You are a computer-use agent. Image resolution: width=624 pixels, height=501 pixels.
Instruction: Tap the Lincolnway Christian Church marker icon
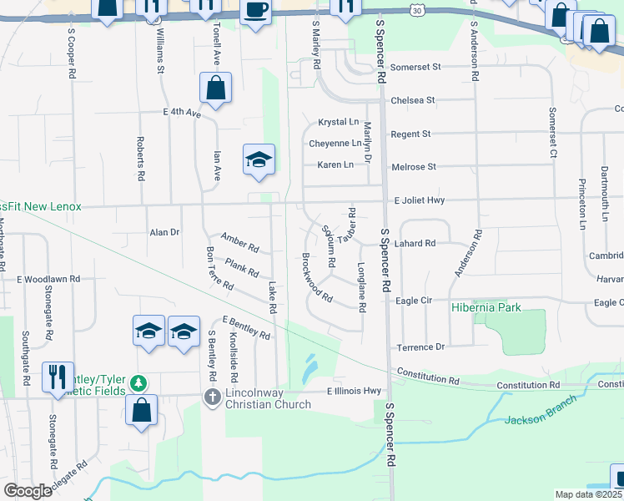click(214, 397)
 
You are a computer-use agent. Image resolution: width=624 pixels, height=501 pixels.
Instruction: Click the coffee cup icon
click(255, 11)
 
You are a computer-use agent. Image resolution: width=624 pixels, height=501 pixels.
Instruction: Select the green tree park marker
click(138, 384)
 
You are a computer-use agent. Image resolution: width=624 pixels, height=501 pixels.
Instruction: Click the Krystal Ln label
click(338, 122)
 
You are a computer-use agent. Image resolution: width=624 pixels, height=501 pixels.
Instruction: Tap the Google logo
click(28, 491)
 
